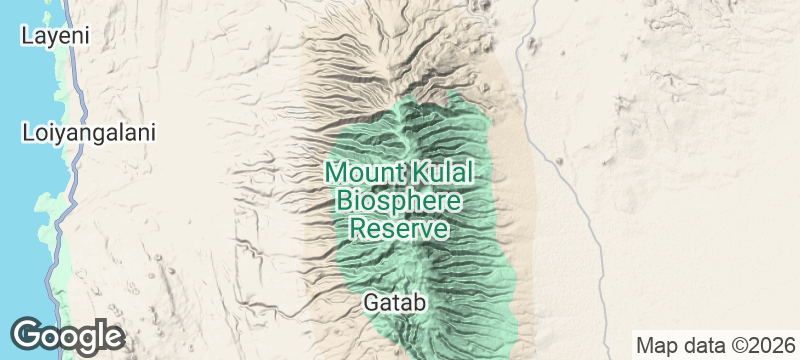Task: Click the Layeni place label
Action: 56,35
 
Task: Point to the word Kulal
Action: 439,172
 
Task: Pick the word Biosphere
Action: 399,200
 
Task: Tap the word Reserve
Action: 397,228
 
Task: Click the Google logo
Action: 67,335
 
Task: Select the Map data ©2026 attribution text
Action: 713,345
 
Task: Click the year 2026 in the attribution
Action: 769,345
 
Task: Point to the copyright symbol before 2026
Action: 738,345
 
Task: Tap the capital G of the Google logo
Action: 27,334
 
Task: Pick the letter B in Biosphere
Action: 345,200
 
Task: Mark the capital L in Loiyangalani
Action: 28,132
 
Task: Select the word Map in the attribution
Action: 652,345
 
